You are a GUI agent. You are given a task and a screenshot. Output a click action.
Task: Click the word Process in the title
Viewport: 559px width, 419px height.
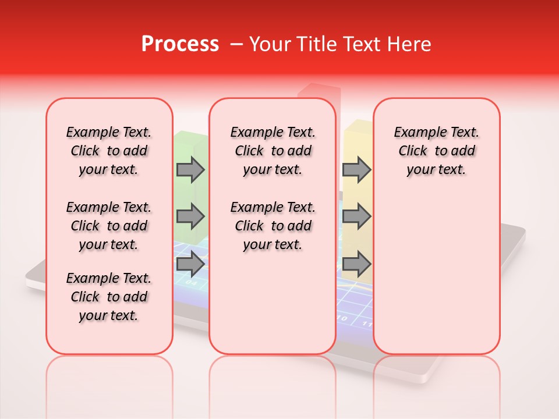pyautogui.click(x=180, y=44)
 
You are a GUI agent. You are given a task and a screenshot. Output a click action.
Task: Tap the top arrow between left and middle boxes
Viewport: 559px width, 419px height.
pyautogui.click(x=190, y=169)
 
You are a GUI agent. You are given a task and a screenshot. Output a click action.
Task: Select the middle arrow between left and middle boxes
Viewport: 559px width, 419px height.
pyautogui.click(x=190, y=216)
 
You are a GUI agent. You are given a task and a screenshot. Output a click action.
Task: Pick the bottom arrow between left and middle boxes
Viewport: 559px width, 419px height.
pyautogui.click(x=190, y=264)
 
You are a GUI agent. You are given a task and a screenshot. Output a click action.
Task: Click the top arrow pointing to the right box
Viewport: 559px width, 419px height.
pyautogui.click(x=356, y=169)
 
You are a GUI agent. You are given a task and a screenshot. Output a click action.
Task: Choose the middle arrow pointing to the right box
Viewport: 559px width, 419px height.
pyautogui.click(x=356, y=216)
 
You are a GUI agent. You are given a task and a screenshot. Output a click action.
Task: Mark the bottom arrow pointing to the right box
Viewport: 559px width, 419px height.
pyautogui.click(x=356, y=264)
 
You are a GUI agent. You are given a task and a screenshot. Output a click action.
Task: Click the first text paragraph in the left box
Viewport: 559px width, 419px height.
pyautogui.click(x=109, y=151)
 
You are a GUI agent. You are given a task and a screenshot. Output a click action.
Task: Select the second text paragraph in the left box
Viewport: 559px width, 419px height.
pyautogui.click(x=109, y=226)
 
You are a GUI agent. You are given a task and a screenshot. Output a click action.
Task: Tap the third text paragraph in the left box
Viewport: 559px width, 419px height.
pyautogui.click(x=109, y=297)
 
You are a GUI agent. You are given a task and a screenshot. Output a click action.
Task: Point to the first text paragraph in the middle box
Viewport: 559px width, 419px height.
pyautogui.click(x=273, y=151)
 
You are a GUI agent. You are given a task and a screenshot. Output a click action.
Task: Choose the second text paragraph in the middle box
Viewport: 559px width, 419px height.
pyautogui.click(x=273, y=226)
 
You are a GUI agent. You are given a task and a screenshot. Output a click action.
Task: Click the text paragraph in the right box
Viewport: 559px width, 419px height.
pyautogui.click(x=436, y=151)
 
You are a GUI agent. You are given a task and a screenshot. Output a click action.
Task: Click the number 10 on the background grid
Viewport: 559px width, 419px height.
pyautogui.click(x=343, y=319)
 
